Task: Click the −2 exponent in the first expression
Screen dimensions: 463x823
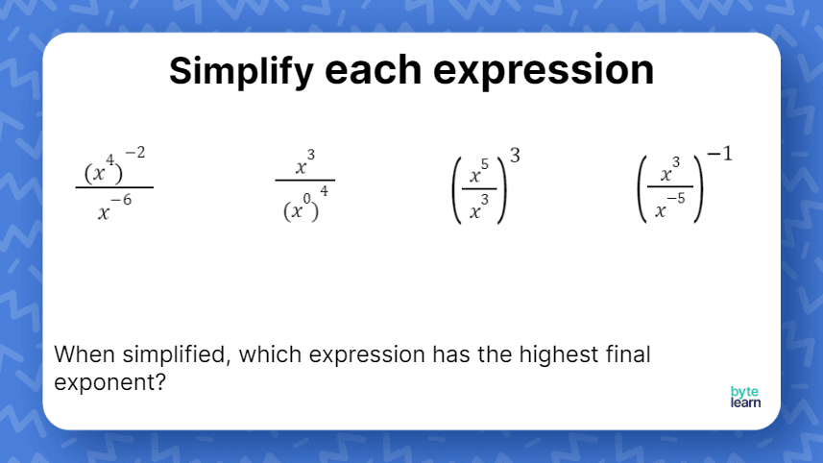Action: click(134, 154)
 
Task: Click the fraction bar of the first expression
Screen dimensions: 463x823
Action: click(114, 187)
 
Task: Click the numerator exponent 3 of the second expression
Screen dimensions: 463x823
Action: click(310, 155)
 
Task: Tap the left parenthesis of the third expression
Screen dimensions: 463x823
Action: click(458, 191)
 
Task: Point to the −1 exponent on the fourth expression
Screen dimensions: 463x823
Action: click(720, 154)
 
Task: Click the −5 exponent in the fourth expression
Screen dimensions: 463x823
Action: click(677, 200)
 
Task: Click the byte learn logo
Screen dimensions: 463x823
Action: click(745, 398)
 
